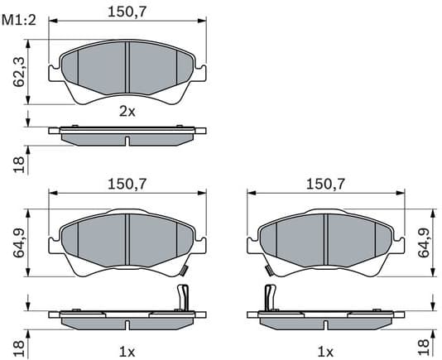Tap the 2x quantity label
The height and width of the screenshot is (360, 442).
click(127, 112)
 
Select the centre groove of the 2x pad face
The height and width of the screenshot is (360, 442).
click(127, 70)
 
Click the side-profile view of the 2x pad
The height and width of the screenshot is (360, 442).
click(127, 134)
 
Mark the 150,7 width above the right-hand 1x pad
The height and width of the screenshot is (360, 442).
click(325, 185)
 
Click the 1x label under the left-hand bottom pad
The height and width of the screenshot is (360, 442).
click(127, 351)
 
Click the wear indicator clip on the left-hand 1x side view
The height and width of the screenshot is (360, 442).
click(184, 296)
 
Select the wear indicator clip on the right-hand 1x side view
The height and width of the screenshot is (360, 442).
click(268, 296)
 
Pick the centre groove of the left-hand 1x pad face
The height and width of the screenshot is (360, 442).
click(127, 241)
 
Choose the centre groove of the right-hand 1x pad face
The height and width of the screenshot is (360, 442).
click(325, 241)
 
